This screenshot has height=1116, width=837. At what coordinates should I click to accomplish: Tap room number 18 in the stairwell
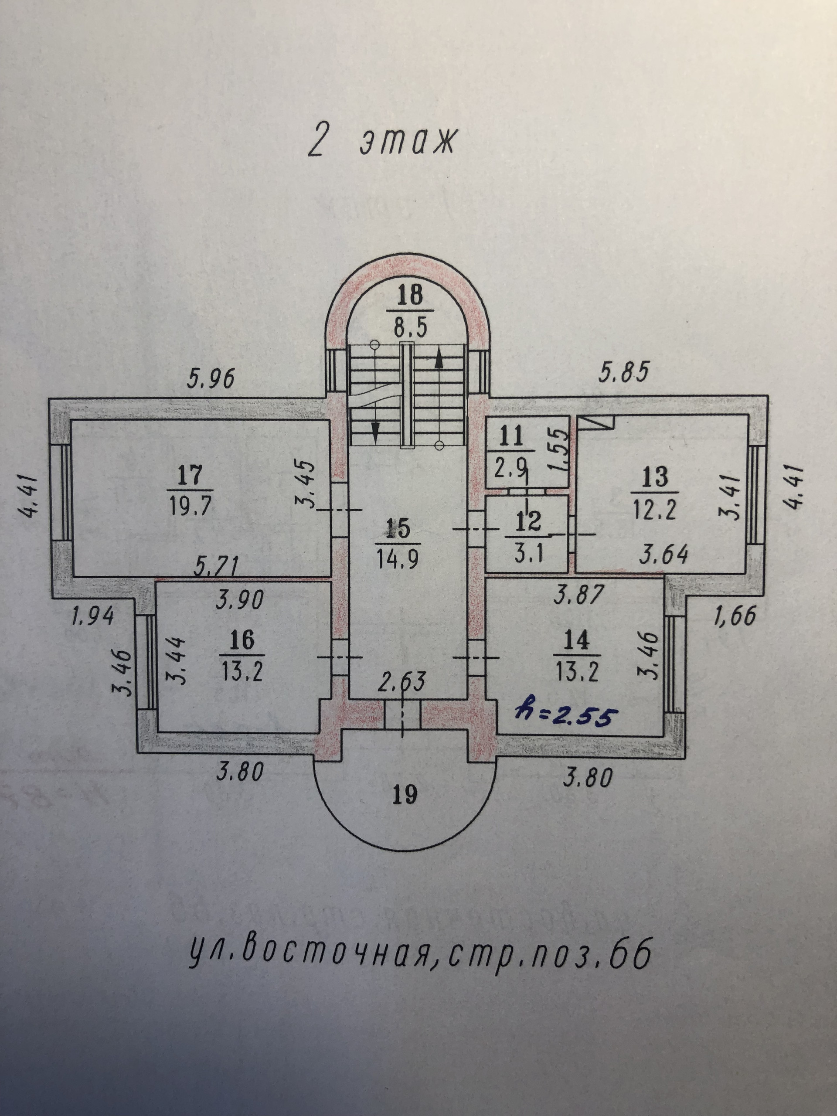410,295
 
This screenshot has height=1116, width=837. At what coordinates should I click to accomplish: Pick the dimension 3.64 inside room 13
663,555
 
